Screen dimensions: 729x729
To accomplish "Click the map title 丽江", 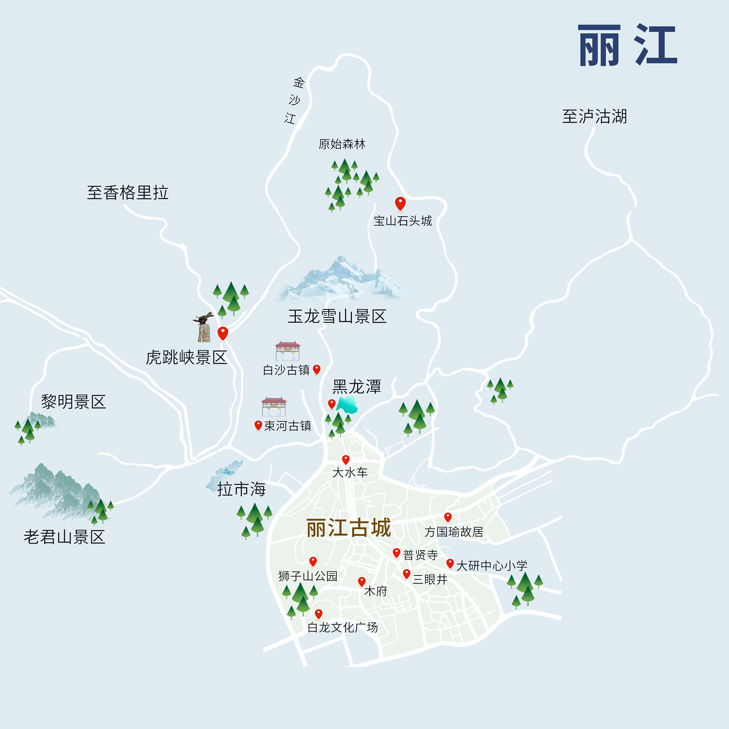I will pos(627,45).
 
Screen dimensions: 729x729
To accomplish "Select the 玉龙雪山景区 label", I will pos(337,316).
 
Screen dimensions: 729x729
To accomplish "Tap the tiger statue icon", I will pos(204,327).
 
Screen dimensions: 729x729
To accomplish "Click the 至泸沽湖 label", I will pos(594,116).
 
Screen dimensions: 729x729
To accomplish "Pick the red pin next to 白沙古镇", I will pos(317,369).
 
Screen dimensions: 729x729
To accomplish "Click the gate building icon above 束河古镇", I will pos(274,406).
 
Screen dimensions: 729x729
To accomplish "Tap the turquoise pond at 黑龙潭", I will pos(347,405).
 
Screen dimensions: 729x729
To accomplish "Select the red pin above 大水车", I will pos(346,459).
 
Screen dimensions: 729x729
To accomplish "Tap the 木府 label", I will pos(375,591).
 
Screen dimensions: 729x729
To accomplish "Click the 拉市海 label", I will pos(241,489).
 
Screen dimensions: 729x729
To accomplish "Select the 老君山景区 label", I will pos(64,537).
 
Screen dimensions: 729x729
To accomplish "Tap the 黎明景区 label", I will pos(73,402).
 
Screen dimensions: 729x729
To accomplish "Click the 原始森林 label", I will pos(342,144).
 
